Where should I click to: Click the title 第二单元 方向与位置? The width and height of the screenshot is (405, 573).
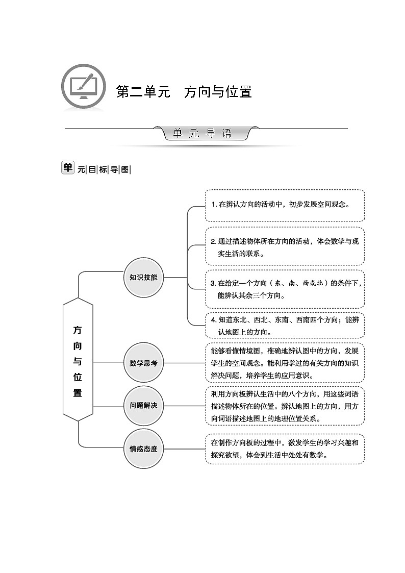(x=184, y=92)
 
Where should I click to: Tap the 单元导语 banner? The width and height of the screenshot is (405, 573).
(x=202, y=134)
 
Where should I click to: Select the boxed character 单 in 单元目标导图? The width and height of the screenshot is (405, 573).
(x=68, y=167)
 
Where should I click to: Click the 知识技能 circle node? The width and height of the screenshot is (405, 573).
(x=143, y=278)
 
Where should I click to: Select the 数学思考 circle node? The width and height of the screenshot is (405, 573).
(x=143, y=363)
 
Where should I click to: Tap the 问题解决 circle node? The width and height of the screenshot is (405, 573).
(x=143, y=406)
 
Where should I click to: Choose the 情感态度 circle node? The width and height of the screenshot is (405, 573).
(x=143, y=449)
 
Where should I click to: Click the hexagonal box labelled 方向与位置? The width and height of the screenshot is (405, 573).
(x=78, y=359)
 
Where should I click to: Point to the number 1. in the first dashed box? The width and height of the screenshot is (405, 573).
(x=214, y=205)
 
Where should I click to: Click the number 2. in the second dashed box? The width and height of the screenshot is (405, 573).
(x=214, y=241)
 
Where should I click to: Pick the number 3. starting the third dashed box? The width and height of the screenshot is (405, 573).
(x=214, y=283)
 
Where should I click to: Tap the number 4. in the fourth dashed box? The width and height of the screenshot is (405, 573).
(x=214, y=320)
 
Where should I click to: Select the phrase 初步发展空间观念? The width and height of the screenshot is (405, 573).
(x=317, y=205)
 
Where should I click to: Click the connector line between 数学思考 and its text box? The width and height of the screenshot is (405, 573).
(x=184, y=363)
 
